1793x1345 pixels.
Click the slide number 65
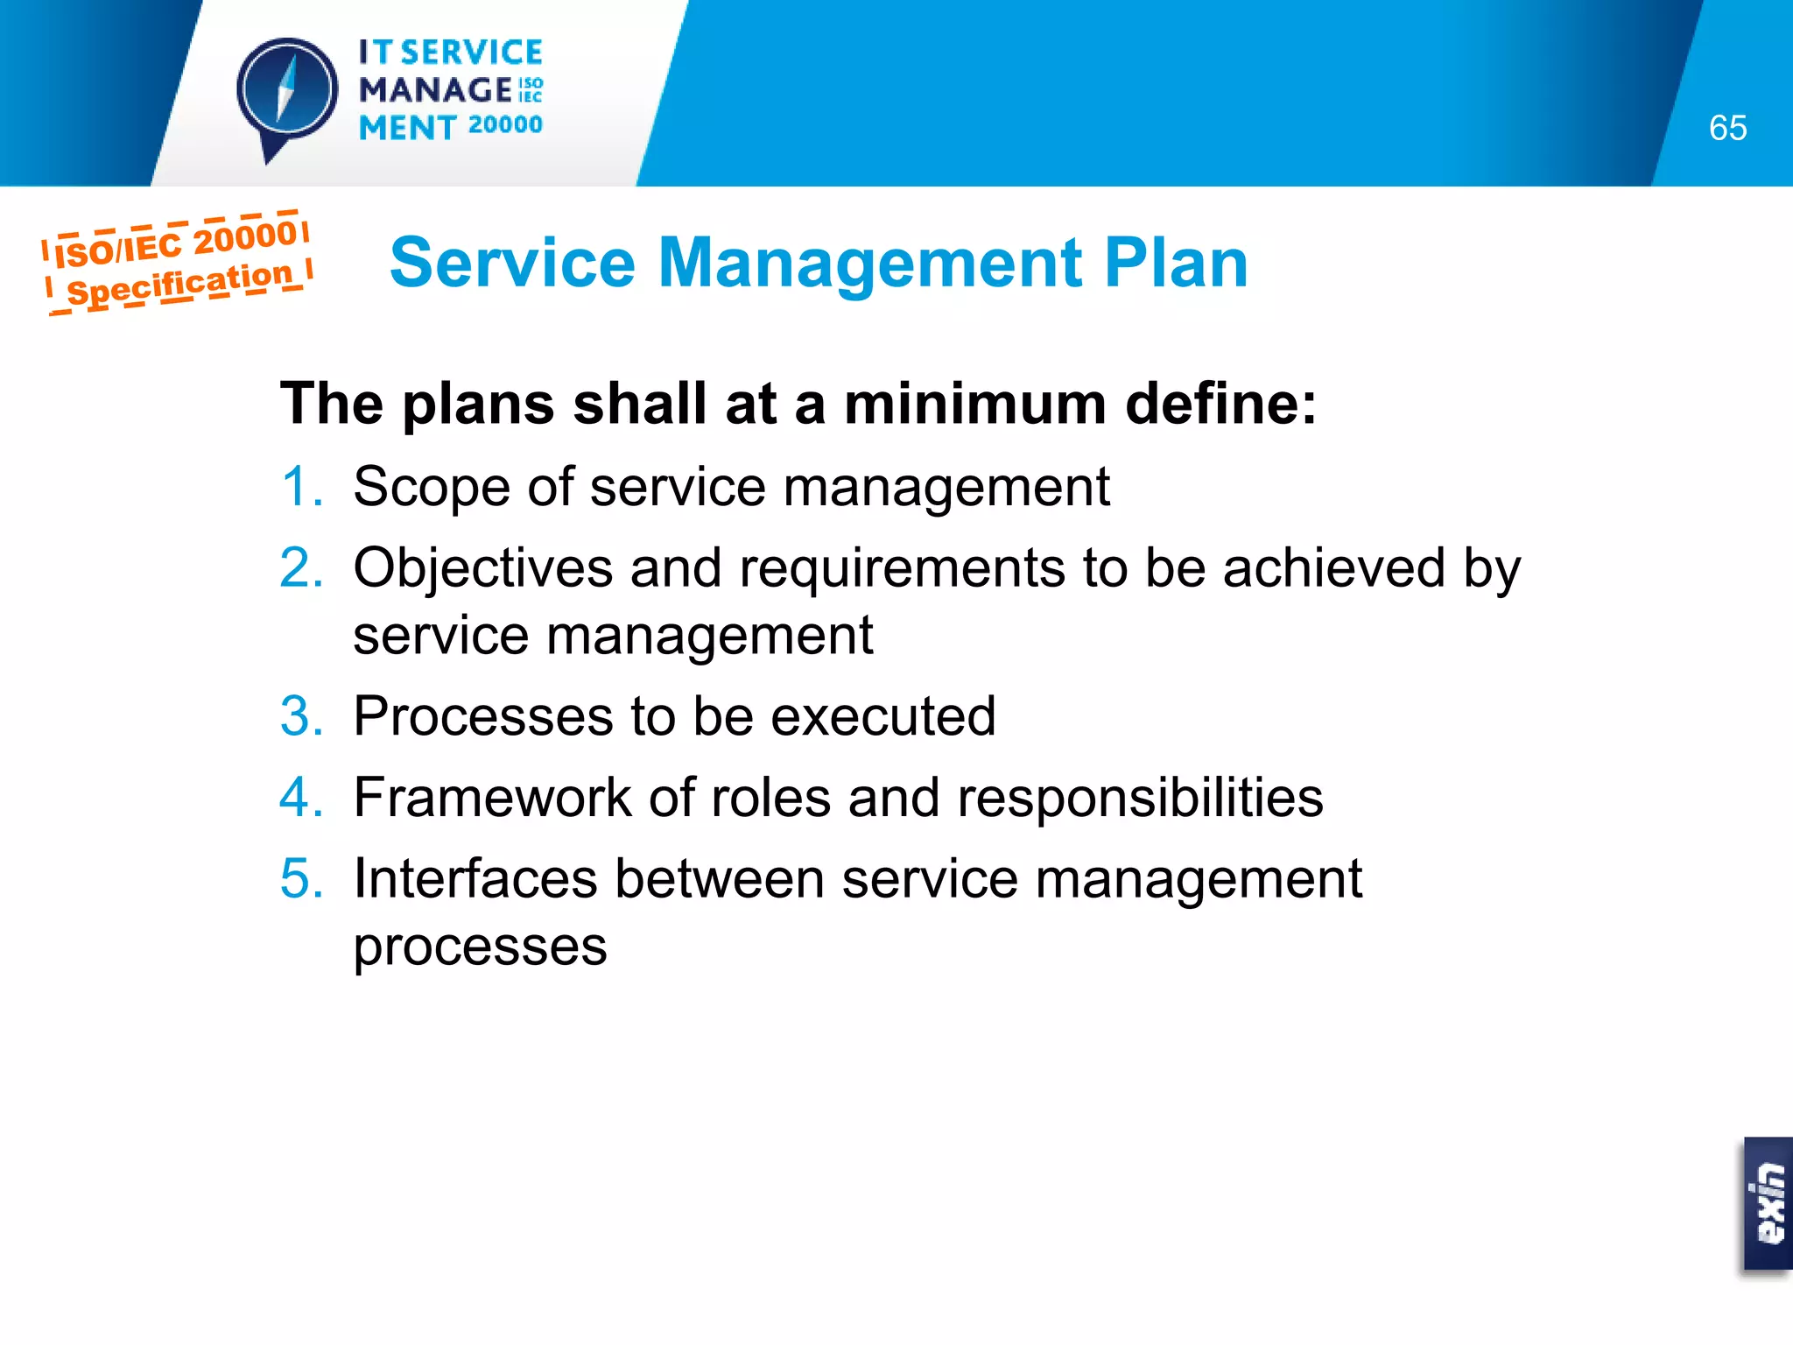(1726, 129)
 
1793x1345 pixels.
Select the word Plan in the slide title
(1175, 263)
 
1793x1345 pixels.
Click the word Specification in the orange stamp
(179, 283)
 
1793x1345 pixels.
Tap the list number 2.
(300, 568)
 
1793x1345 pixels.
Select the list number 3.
(300, 716)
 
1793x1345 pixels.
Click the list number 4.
(300, 798)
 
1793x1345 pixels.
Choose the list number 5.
(300, 879)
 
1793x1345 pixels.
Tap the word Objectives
(482, 568)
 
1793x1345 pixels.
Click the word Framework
(492, 798)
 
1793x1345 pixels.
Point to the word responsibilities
(1140, 798)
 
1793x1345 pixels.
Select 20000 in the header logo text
(505, 125)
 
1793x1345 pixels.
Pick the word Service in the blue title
(512, 263)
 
